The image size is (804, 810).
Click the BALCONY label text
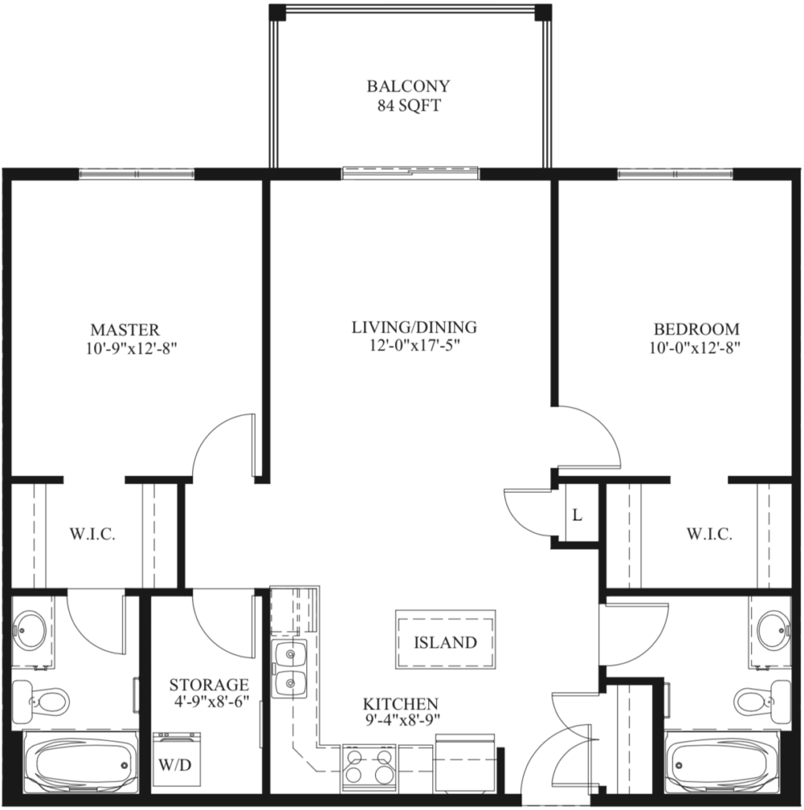pos(408,86)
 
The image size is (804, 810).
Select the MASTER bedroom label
pos(124,330)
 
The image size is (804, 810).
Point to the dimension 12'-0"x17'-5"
pos(414,346)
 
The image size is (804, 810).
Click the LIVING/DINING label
pos(414,327)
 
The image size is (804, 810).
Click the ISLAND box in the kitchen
pos(446,642)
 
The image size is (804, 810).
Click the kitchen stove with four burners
pos(369,766)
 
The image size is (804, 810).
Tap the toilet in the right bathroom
pos(761,699)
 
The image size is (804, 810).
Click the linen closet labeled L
pos(577,516)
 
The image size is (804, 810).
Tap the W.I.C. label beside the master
pos(93,535)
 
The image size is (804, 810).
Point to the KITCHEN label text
pos(400,703)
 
